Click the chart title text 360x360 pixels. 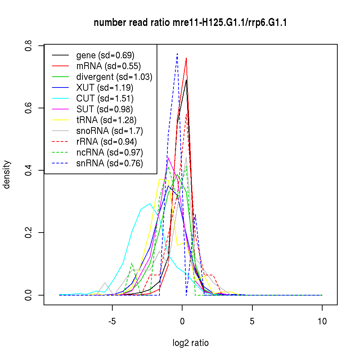pyautogui.click(x=190, y=23)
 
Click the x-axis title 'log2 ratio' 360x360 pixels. pyautogui.click(x=190, y=343)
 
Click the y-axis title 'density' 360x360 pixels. pyautogui.click(x=7, y=175)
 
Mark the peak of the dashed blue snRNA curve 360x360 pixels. pyautogui.click(x=177, y=54)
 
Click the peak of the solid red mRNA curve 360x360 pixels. pyautogui.click(x=186, y=58)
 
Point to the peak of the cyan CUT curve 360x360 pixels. pyautogui.click(x=150, y=203)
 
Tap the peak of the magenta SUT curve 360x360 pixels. pyautogui.click(x=168, y=158)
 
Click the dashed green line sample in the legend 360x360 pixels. pyautogui.click(x=60, y=153)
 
